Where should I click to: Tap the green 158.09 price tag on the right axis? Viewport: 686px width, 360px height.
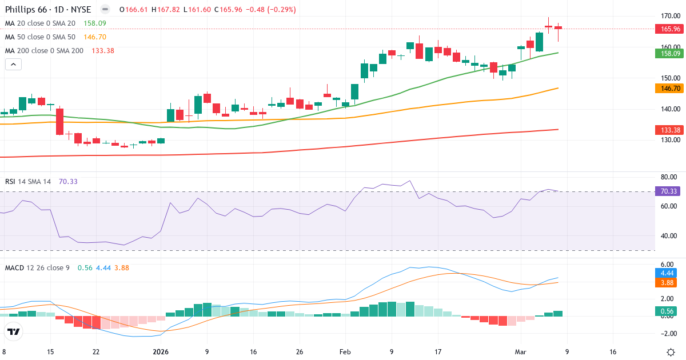[668, 54]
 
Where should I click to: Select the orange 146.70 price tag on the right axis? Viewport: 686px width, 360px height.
[668, 89]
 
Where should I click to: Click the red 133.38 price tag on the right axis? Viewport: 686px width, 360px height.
[668, 130]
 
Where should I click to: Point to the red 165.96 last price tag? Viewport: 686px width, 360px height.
[668, 29]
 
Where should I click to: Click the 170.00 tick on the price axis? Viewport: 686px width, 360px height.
[668, 16]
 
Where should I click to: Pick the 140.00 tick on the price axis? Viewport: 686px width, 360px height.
[668, 109]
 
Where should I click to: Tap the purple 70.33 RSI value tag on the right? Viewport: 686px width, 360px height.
[668, 191]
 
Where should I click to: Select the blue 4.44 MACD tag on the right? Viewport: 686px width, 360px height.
[668, 273]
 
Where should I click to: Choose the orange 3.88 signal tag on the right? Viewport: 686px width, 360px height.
[668, 282]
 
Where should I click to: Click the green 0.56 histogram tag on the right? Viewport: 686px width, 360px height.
[668, 311]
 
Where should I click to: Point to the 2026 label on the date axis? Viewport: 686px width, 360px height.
[160, 352]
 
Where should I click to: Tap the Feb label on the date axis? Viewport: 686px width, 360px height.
[345, 352]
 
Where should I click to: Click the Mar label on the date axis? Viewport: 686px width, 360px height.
[521, 352]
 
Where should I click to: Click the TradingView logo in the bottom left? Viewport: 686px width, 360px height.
[14, 331]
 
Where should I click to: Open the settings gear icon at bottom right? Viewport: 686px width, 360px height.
[672, 352]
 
